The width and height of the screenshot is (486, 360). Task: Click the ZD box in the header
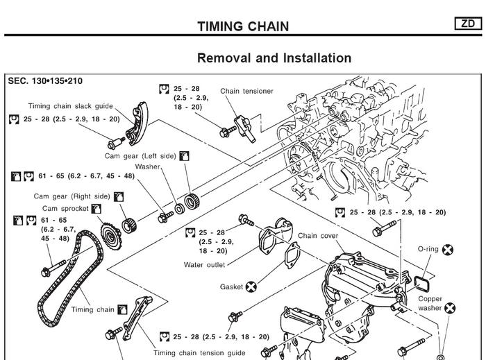tap(469, 24)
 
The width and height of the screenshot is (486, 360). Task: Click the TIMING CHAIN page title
tap(243, 27)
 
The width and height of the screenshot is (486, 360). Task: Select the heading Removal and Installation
tap(274, 58)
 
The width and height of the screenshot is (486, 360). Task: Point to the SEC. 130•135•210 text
tap(45, 81)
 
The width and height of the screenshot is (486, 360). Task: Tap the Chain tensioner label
tap(246, 91)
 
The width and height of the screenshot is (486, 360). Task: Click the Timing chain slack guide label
tap(69, 107)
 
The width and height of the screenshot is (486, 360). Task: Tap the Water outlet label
tap(204, 264)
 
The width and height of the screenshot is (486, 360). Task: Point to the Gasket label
tap(231, 286)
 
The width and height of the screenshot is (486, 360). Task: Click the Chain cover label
tap(318, 236)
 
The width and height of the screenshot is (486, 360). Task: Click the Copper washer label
tap(430, 303)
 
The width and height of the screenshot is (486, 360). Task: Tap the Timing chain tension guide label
tap(200, 352)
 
